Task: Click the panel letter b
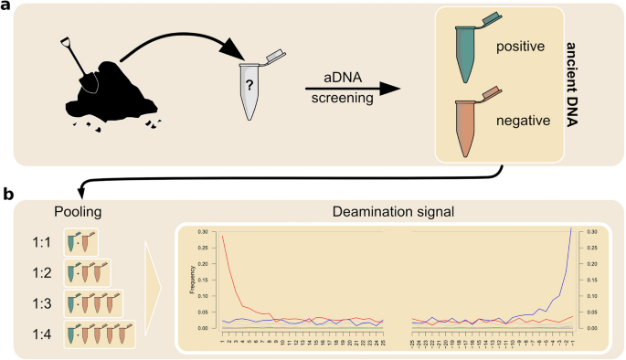point(7,194)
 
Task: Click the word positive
point(521,45)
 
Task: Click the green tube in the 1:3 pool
point(70,304)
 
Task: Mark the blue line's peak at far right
point(570,229)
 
